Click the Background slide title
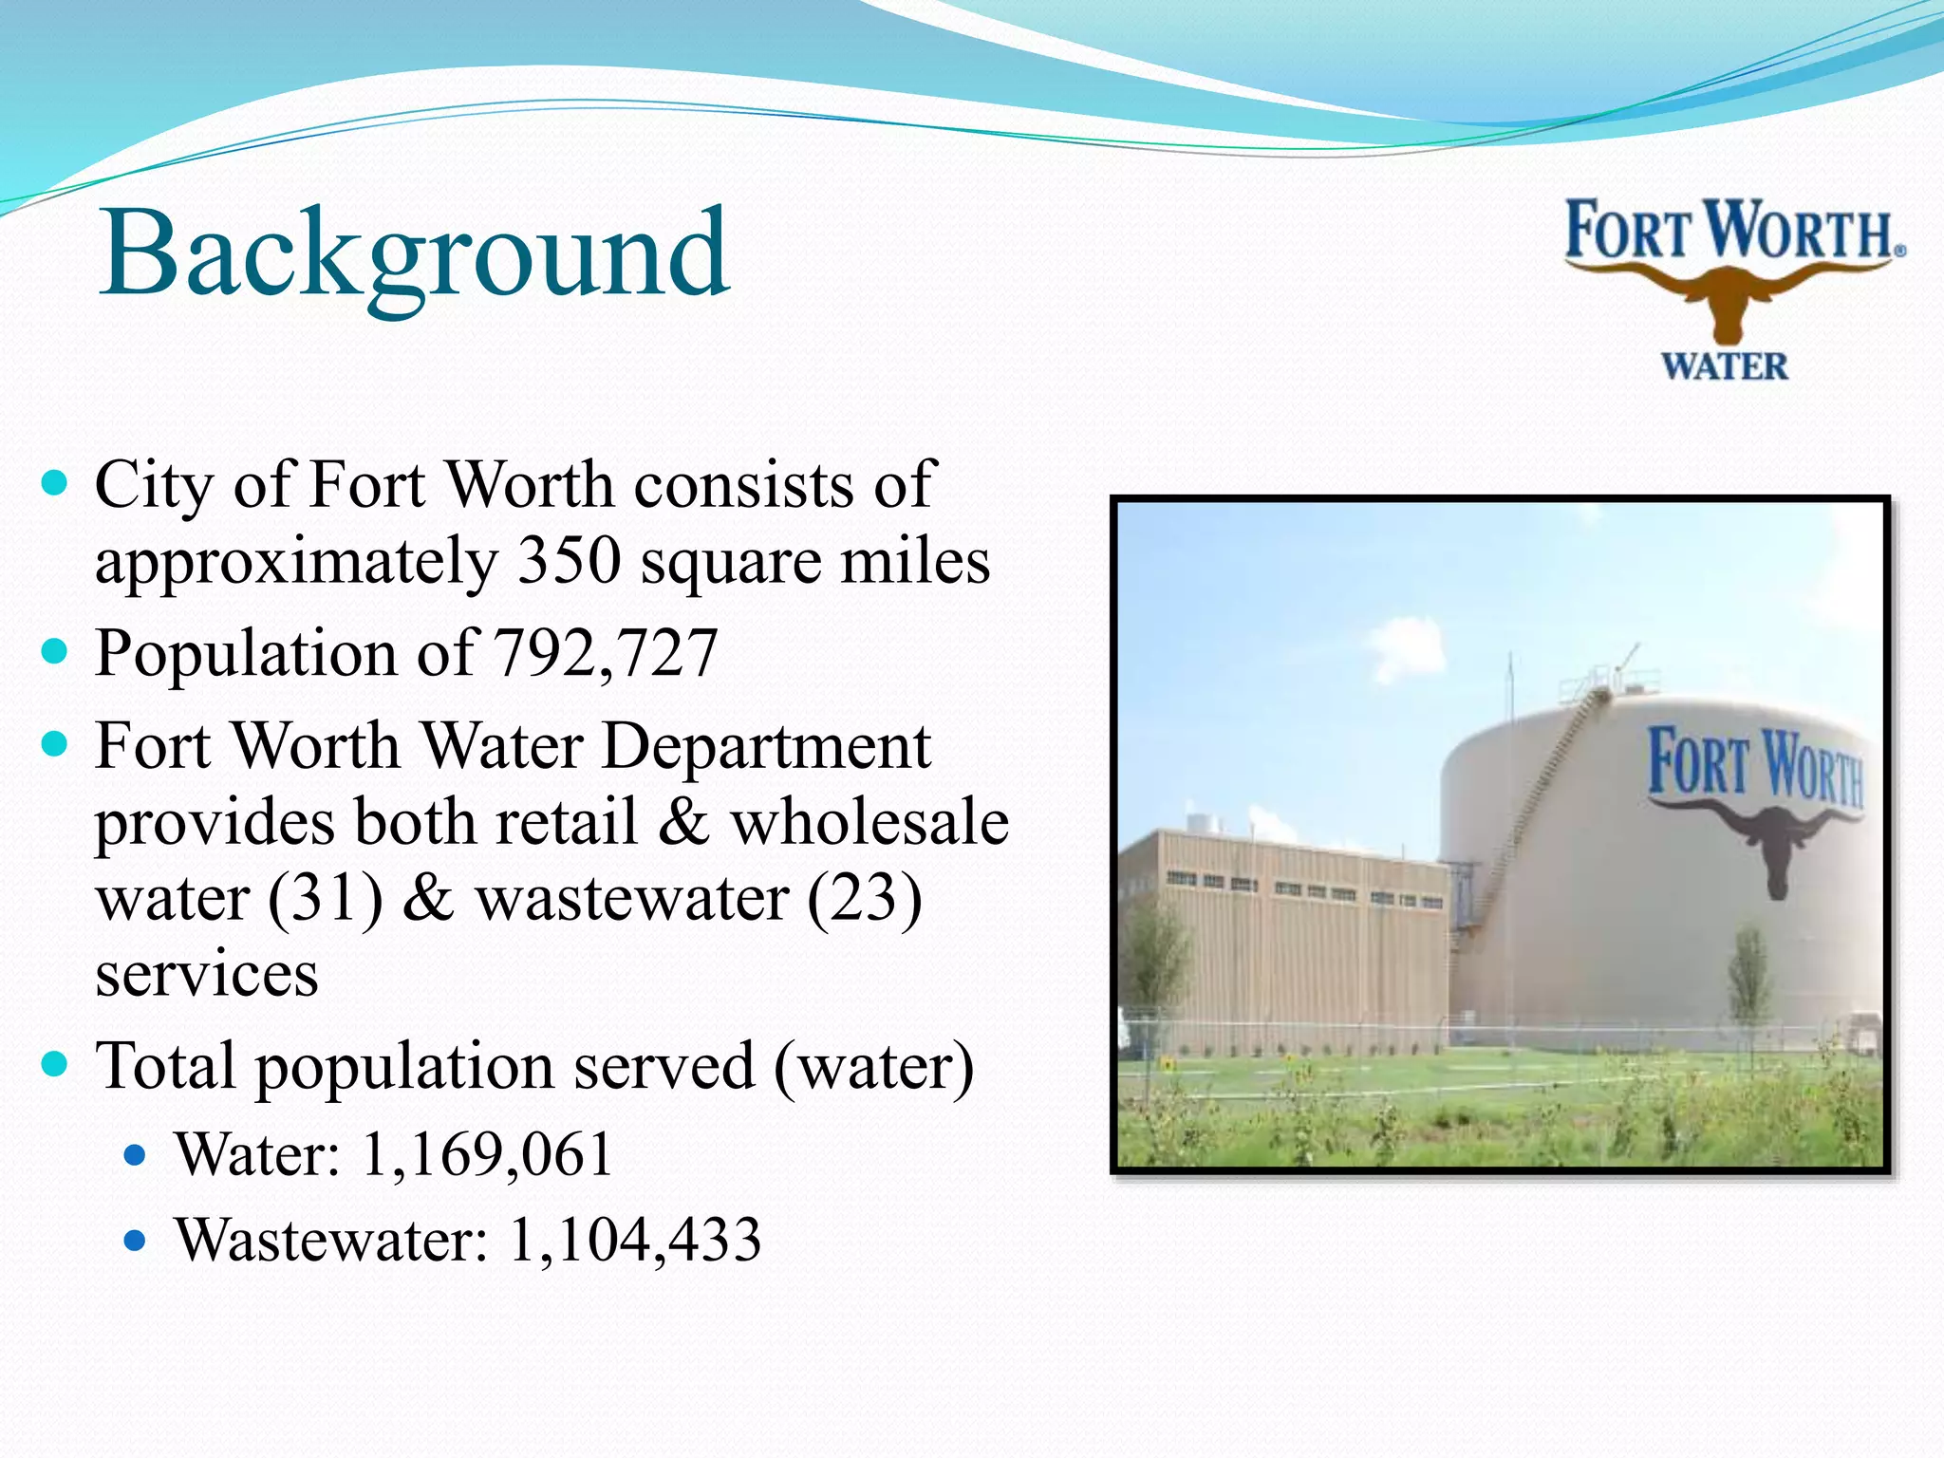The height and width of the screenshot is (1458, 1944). coord(415,254)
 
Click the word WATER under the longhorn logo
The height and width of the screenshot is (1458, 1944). coord(1724,366)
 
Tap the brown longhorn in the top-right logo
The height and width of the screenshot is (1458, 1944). coord(1729,293)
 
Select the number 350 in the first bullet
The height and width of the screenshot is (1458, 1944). coord(569,560)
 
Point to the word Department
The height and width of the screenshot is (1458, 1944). coord(766,746)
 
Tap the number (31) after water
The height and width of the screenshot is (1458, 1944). coord(326,898)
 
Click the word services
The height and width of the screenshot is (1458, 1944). coord(206,974)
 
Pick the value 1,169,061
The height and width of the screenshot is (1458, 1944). coord(487,1154)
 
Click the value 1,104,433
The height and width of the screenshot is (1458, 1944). coord(634,1240)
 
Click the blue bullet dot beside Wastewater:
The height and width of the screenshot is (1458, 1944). coord(137,1240)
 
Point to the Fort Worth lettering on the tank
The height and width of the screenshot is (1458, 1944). coord(1754,764)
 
